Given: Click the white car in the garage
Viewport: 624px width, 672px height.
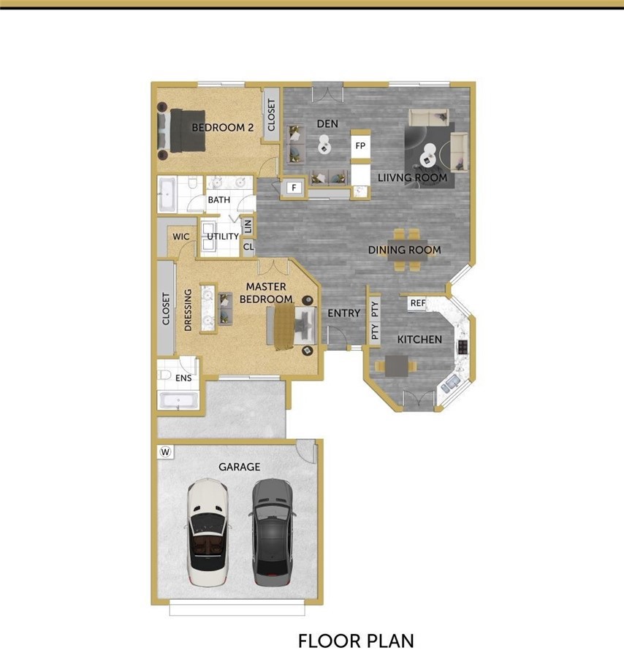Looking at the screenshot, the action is [x=208, y=532].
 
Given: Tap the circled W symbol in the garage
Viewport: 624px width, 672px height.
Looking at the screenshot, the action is [x=165, y=451].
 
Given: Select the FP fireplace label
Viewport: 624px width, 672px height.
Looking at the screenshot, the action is [x=360, y=145].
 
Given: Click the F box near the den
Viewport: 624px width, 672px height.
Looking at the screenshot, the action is [x=294, y=187].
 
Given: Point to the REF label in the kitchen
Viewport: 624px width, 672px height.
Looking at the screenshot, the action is [x=418, y=303].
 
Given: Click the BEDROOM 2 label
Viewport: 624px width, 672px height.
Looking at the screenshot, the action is [x=222, y=127].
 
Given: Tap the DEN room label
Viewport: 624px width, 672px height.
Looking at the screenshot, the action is [x=327, y=124].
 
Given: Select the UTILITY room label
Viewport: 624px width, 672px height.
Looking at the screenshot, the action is [x=223, y=236].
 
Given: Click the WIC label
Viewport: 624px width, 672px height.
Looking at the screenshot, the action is [x=181, y=237].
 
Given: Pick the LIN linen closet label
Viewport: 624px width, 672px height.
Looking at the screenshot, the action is [x=248, y=226].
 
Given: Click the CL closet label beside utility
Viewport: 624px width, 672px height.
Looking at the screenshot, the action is [x=248, y=247].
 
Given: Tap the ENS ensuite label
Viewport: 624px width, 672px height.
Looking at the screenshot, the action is [x=183, y=378].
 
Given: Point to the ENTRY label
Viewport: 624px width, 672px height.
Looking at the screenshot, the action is [x=343, y=313].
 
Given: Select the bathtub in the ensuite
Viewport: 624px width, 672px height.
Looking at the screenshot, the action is [x=178, y=401].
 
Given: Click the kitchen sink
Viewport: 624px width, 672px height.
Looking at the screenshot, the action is [x=450, y=383].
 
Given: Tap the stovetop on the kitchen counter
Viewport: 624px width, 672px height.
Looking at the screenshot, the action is [x=463, y=347].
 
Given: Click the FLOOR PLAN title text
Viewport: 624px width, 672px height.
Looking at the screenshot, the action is [x=356, y=641].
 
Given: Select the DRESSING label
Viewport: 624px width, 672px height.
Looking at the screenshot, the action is [x=188, y=310].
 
